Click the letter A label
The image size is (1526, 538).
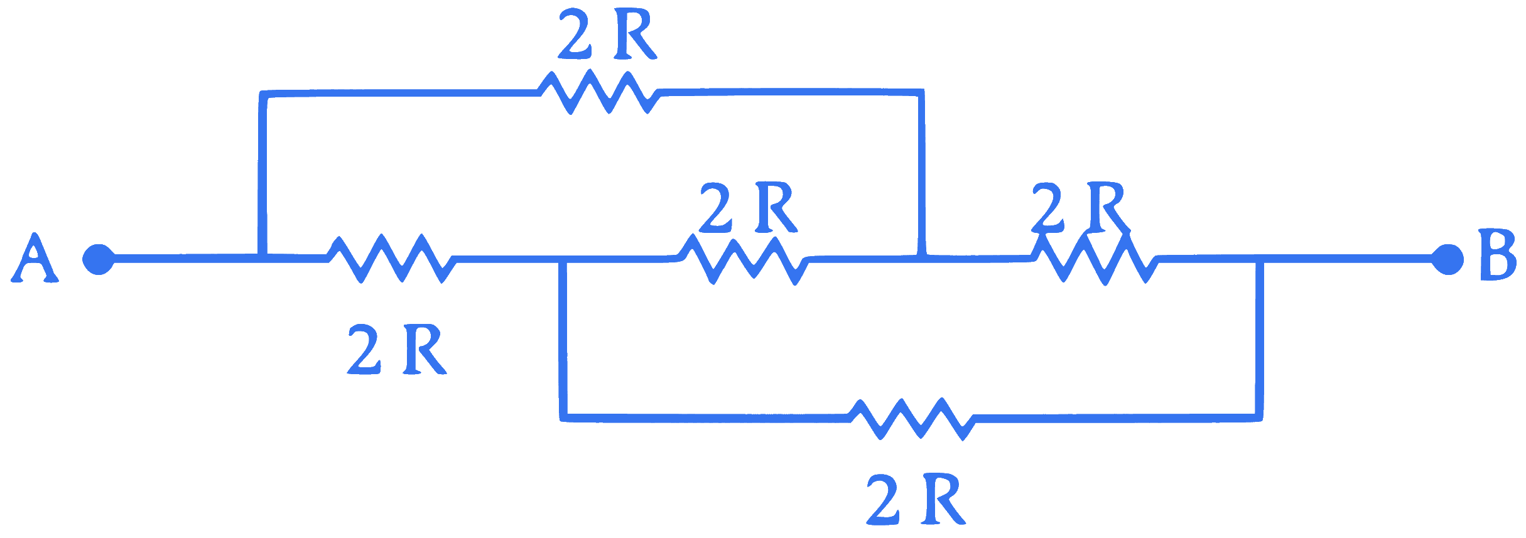click(35, 258)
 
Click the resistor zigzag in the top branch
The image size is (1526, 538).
click(600, 92)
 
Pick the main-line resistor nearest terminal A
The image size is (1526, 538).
click(391, 259)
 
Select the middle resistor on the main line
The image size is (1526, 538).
click(744, 259)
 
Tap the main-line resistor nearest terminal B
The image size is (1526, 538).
click(1095, 259)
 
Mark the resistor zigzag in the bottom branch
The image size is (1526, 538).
click(911, 419)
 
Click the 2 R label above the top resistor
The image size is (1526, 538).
click(607, 35)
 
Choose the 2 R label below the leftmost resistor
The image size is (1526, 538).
click(397, 349)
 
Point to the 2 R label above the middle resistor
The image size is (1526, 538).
click(748, 207)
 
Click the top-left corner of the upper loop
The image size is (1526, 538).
click(263, 94)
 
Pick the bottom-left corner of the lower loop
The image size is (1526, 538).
click(563, 418)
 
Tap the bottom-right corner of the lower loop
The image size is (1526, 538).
click(1259, 418)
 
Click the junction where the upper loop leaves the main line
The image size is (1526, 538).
click(263, 258)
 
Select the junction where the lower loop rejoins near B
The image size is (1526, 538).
click(1260, 259)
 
